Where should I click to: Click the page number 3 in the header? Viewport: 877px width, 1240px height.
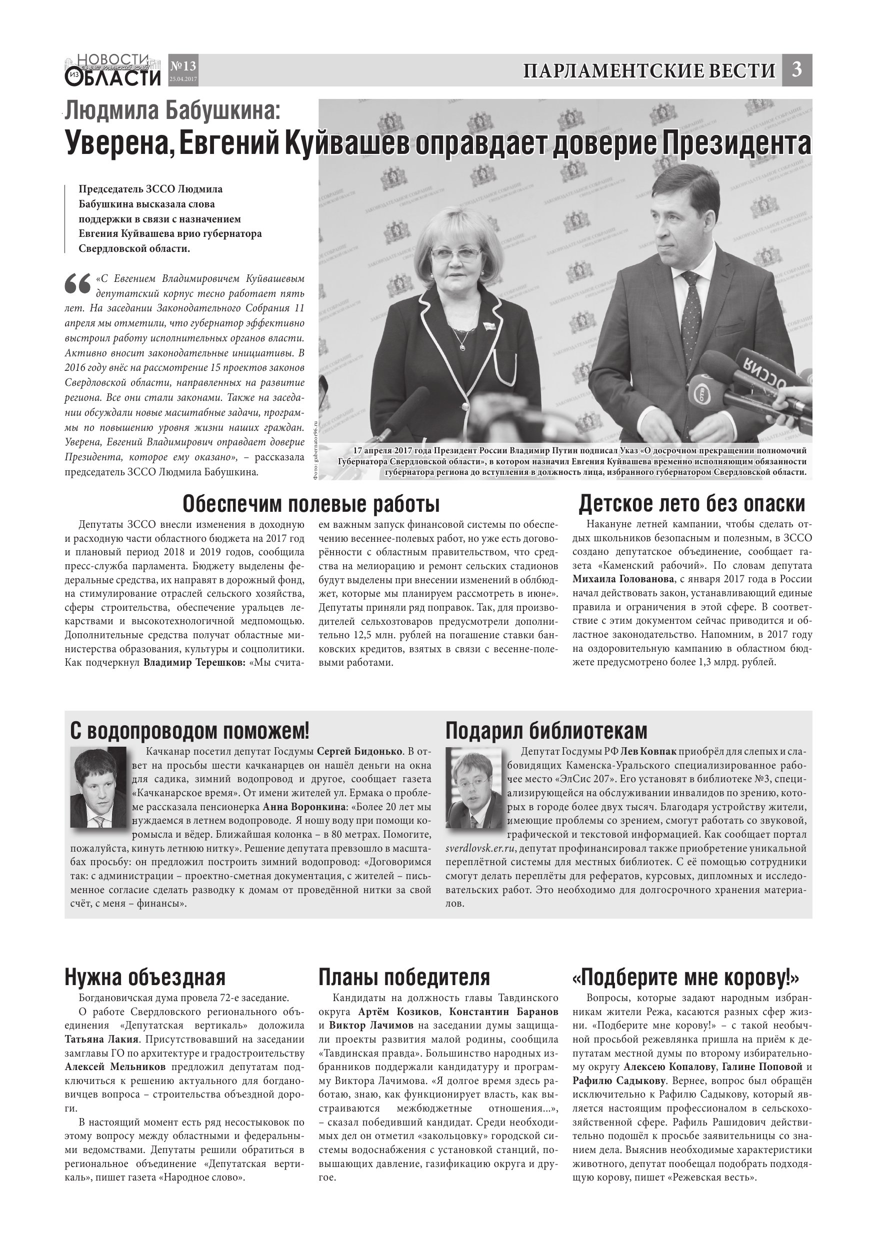(796, 70)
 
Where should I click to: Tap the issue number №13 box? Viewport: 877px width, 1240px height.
(183, 70)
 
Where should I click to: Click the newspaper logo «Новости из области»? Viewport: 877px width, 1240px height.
(113, 70)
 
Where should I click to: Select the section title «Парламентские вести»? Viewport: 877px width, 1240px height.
(649, 71)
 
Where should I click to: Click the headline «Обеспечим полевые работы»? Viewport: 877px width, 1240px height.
(310, 504)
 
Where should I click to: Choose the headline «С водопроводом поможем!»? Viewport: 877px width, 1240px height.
(189, 731)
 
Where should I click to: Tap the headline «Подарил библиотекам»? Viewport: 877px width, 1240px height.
(546, 731)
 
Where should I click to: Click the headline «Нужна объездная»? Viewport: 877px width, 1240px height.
(145, 977)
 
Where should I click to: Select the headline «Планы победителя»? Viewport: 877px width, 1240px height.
(404, 977)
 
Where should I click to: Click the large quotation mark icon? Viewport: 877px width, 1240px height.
(77, 284)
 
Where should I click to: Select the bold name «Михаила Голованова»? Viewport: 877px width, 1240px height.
(623, 579)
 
